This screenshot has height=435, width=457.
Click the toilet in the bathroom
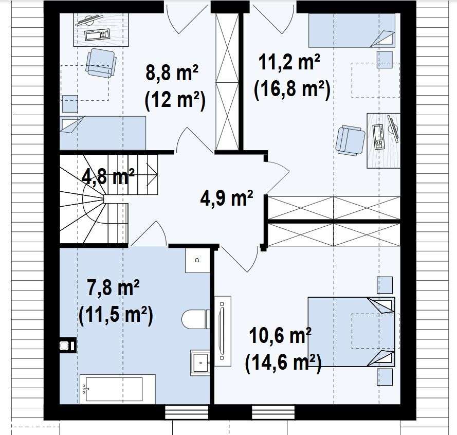coord(195,319)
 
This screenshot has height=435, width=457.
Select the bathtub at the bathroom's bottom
coord(117,389)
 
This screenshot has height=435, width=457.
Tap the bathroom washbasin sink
coord(200,362)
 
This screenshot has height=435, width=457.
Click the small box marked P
coord(197,260)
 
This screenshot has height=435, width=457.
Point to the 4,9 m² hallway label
coord(227,198)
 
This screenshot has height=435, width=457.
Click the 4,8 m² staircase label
coord(108,176)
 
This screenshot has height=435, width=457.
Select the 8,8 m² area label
coord(172,72)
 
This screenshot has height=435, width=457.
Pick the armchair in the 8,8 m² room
coord(101,63)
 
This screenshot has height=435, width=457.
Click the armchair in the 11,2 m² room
coord(350,140)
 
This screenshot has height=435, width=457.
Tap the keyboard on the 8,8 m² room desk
coord(97,34)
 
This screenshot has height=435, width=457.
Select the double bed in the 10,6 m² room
coord(352,332)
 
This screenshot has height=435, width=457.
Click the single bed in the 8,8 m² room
coord(103,133)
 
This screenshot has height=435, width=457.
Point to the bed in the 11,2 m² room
coord(352,30)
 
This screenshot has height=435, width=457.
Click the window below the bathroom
coord(187,412)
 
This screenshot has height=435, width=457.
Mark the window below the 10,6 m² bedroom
coord(273,412)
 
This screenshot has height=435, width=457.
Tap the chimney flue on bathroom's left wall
coord(68,345)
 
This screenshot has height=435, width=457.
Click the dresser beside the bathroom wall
coord(223,331)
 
